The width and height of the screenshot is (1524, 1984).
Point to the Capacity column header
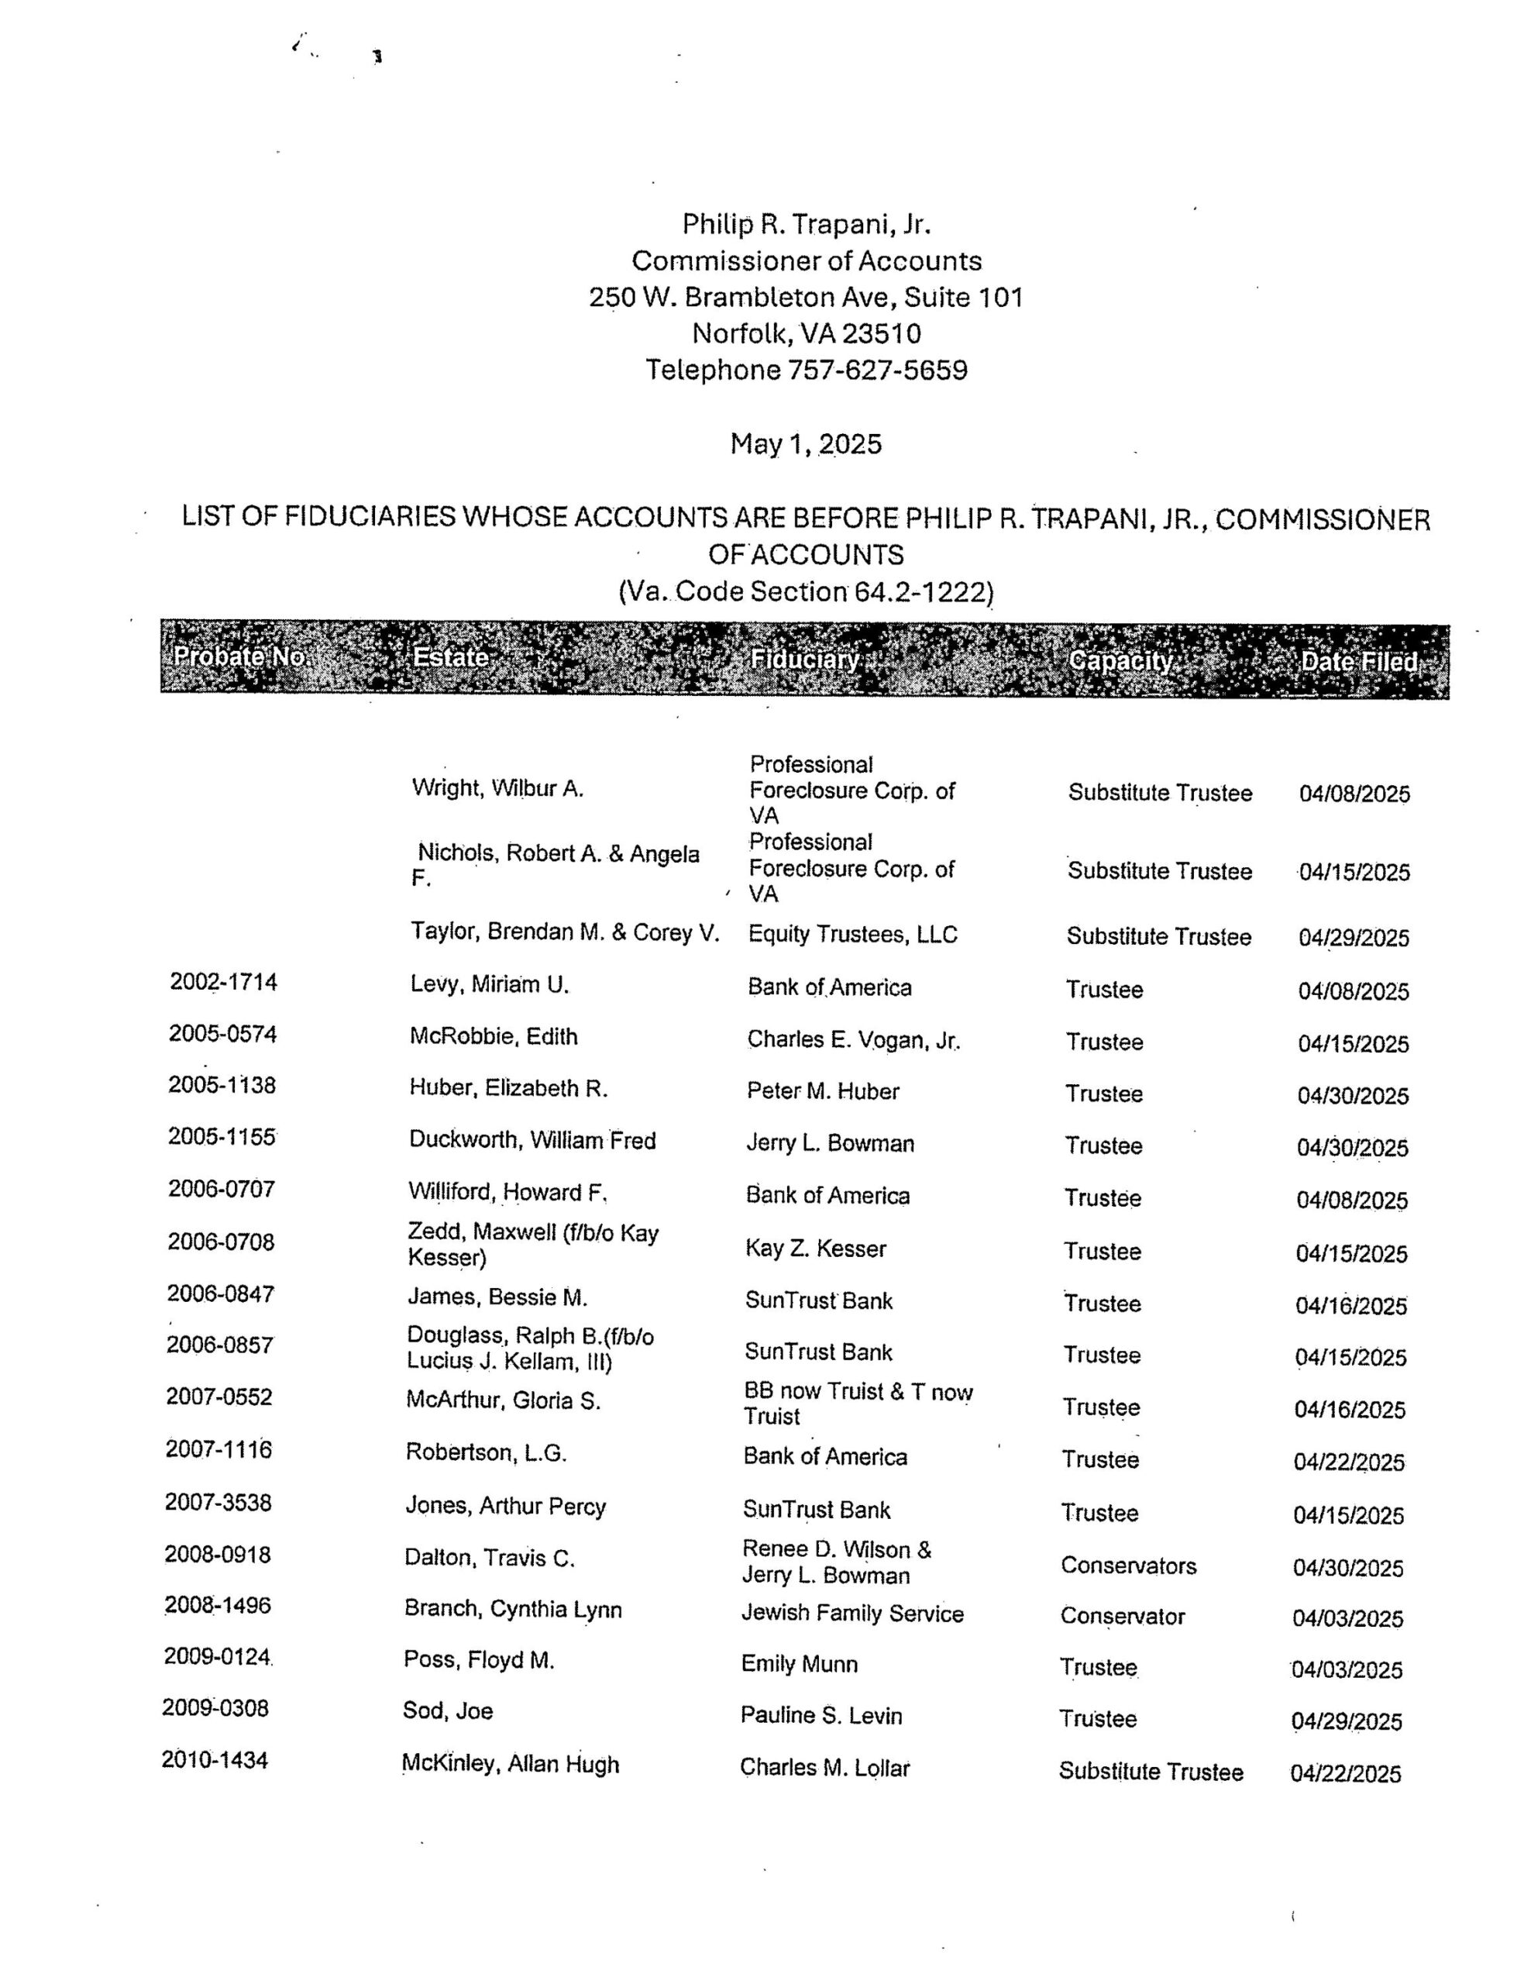coord(1120,660)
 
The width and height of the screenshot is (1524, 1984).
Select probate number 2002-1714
coord(223,982)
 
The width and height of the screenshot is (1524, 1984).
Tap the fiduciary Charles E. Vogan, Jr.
coord(853,1039)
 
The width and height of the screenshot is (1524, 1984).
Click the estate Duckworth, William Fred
coord(532,1140)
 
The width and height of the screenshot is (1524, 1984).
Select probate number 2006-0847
coord(221,1293)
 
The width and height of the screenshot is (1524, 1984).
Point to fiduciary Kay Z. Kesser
coord(814,1249)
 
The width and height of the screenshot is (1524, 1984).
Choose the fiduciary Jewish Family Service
coord(851,1613)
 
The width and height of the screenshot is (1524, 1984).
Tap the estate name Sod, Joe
coord(447,1711)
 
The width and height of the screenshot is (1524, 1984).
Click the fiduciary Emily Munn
coord(798,1664)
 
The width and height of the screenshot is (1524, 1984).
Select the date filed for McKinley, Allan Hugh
coord(1345,1772)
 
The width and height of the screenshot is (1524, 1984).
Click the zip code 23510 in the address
coord(881,334)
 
